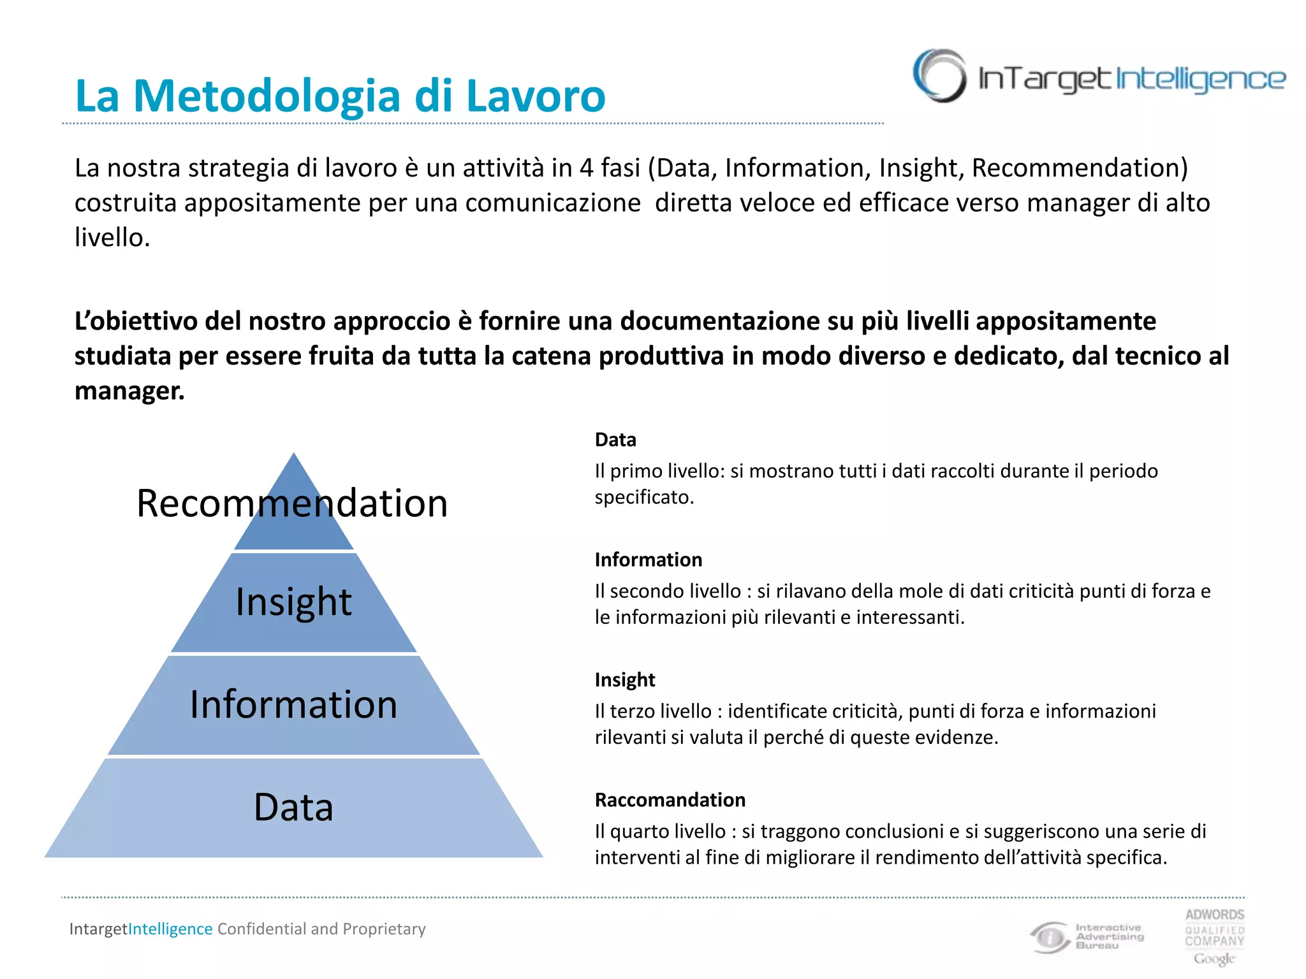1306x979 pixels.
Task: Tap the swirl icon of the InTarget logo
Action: point(939,76)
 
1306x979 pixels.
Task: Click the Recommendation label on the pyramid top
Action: point(292,503)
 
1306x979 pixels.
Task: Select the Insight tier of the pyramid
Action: point(293,602)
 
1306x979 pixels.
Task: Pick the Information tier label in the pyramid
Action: point(293,705)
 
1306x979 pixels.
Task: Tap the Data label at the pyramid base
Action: point(293,808)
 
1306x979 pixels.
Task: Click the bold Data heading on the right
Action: point(615,440)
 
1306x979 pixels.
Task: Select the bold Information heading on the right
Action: point(648,560)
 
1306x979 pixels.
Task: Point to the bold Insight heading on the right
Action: point(624,680)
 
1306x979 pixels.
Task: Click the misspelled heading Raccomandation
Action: point(670,800)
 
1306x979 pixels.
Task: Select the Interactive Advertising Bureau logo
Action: point(1087,936)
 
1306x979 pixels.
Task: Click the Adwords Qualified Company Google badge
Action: point(1214,936)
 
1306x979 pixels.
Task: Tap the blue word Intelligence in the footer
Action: point(170,929)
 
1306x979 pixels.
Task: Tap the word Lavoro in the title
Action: point(535,96)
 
